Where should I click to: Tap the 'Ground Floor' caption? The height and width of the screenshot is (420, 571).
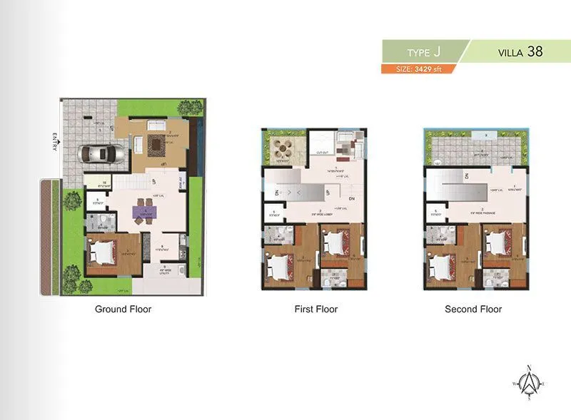point(123,309)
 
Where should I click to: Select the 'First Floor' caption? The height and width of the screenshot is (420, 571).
point(315,309)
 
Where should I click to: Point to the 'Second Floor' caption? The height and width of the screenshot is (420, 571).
point(473,309)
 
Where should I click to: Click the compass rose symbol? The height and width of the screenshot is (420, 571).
point(529,383)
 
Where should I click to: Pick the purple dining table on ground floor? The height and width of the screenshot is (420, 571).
point(145,210)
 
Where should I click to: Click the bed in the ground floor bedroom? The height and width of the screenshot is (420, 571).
point(104,253)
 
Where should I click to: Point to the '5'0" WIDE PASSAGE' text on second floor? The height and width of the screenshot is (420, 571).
point(473,211)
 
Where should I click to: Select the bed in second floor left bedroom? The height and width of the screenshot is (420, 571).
point(439,267)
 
